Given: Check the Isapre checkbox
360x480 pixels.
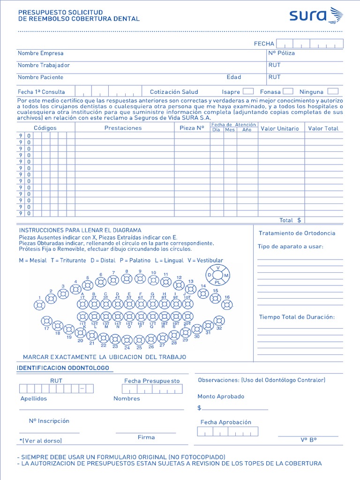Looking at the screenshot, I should (x=248, y=91).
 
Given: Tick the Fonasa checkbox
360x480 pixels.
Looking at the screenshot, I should (x=288, y=91).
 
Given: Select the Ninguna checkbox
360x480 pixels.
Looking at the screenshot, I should (x=333, y=91).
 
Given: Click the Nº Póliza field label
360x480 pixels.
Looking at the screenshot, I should (x=281, y=53).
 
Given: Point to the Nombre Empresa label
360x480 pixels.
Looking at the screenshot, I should (x=41, y=53).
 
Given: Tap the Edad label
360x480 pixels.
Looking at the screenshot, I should (x=234, y=77).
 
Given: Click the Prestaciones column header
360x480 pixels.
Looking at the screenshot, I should (x=123, y=128).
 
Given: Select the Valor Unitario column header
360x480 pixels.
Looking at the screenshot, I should (x=279, y=128).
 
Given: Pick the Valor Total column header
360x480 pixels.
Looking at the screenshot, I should (x=323, y=128).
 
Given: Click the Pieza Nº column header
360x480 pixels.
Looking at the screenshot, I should (x=192, y=128).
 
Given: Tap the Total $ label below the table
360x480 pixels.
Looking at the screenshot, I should (x=290, y=220).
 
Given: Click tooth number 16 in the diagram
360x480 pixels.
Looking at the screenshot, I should (x=227, y=305).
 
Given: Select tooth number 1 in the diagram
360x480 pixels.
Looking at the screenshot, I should (x=39, y=305).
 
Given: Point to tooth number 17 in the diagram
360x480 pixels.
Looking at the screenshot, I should (x=46, y=321).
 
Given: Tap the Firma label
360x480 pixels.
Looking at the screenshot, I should (x=146, y=437).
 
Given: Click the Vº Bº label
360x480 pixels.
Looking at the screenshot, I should (x=308, y=440).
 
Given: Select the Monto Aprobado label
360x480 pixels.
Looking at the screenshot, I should (x=221, y=397).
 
